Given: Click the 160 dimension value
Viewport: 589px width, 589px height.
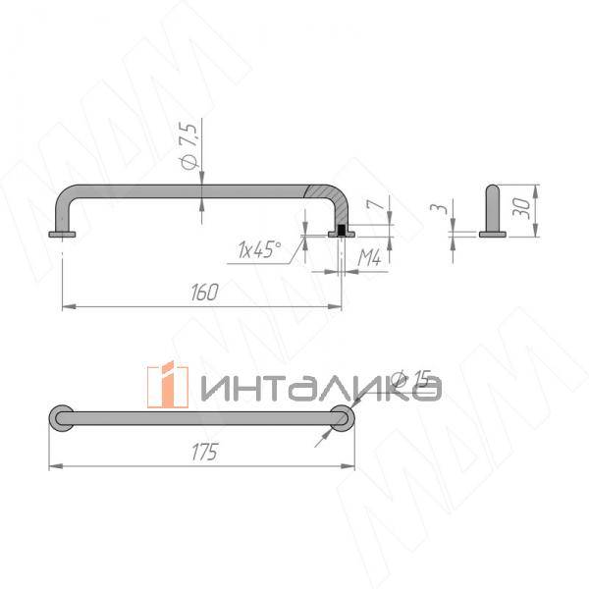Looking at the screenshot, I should (203, 294).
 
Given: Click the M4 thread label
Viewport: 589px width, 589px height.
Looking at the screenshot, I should (369, 258).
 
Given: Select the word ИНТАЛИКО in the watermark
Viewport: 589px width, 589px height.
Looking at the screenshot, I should (319, 390).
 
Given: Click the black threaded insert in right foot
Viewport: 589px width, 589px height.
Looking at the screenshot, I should (341, 232).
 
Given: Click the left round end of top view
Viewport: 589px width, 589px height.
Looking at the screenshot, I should (60, 418).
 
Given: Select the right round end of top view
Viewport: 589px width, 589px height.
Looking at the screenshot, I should (341, 418).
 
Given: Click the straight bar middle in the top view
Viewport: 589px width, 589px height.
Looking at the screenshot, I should (200, 418).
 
